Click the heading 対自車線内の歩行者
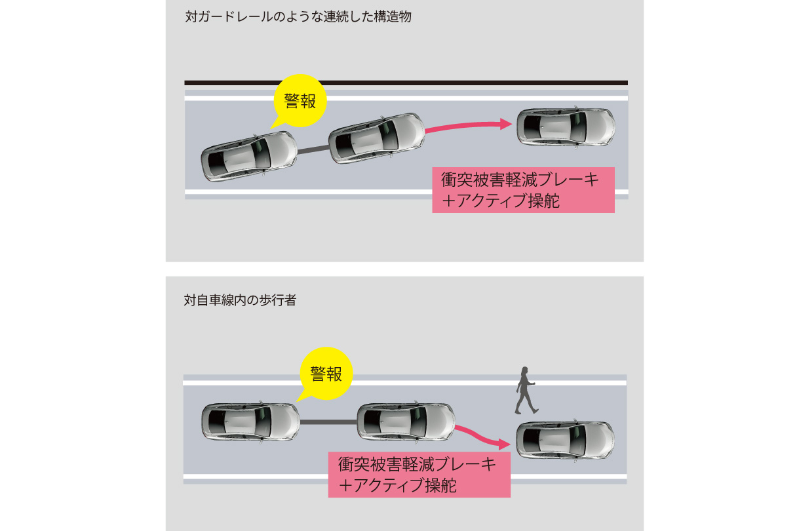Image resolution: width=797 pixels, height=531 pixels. click(241, 301)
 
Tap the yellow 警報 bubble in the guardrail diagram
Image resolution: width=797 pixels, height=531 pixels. click(300, 101)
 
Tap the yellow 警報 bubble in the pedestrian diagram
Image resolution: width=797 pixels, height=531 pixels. click(326, 374)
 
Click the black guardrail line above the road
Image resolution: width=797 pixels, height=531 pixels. click(406, 83)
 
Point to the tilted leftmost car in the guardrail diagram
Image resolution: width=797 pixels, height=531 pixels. click(249, 156)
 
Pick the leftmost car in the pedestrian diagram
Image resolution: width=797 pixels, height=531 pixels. click(250, 421)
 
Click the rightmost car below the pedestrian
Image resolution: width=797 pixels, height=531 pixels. click(565, 440)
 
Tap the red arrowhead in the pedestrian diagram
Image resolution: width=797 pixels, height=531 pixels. click(504, 444)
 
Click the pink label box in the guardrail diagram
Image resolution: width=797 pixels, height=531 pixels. click(523, 190)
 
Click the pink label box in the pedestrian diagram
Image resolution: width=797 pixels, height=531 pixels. click(419, 475)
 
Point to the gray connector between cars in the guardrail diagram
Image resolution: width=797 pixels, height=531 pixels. click(313, 151)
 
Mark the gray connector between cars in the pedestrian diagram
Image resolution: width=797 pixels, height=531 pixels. click(328, 422)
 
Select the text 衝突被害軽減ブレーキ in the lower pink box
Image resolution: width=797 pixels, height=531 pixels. click(418, 464)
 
